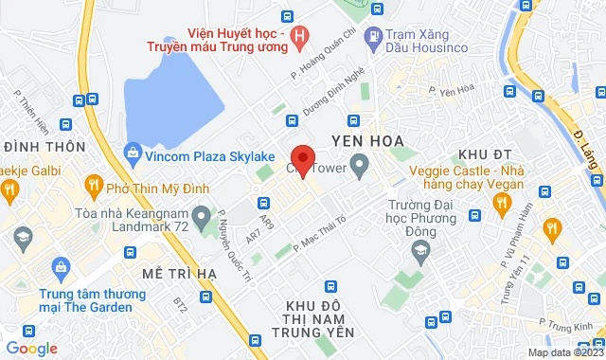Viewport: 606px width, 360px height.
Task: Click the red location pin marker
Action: click(x=302, y=160)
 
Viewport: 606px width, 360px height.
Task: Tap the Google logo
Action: click(x=31, y=349)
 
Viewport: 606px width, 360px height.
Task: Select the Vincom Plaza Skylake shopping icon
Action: click(x=134, y=153)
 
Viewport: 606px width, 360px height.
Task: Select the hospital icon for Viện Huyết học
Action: click(x=301, y=39)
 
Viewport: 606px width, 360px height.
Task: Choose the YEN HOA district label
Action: click(x=362, y=141)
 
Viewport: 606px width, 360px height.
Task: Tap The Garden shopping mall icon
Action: click(x=62, y=270)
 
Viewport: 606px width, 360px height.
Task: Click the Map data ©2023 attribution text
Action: click(x=564, y=352)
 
